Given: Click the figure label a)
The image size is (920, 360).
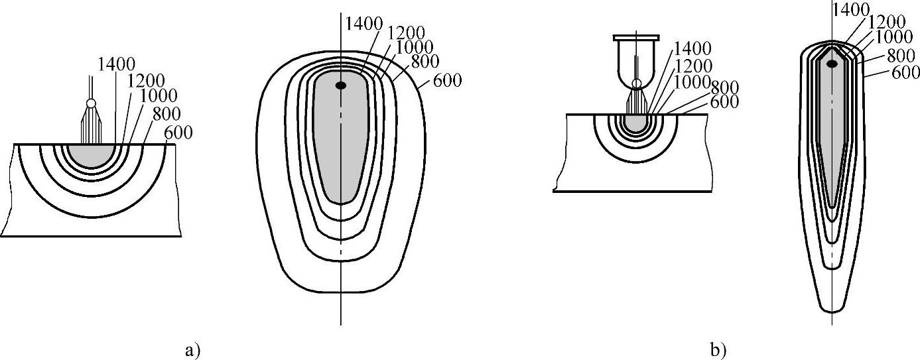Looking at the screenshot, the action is [192, 351].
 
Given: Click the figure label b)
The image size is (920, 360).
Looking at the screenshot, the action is [718, 351].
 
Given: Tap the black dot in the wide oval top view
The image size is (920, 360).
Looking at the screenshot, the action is [340, 86].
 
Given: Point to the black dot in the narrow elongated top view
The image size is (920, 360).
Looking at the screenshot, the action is [832, 75].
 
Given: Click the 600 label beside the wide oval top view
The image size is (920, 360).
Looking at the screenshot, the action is [447, 80].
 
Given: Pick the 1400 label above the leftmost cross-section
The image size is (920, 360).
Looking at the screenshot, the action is [116, 64].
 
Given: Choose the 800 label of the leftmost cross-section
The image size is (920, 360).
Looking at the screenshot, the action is [166, 114].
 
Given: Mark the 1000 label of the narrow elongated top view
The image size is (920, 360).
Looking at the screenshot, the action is [893, 38].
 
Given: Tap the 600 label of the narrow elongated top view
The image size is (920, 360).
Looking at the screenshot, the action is [905, 73].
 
